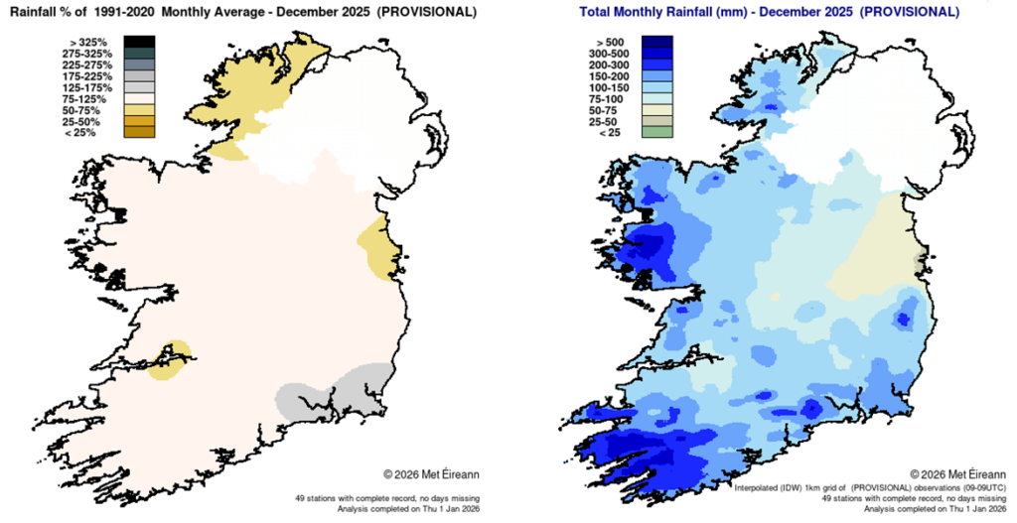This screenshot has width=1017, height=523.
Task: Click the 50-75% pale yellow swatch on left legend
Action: tap(139, 110)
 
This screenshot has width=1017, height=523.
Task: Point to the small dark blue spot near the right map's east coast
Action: tap(903, 319)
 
